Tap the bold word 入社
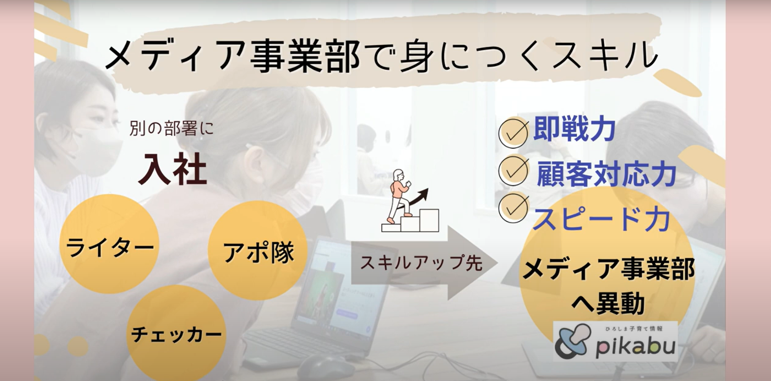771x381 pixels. tap(173, 169)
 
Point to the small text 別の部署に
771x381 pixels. tap(172, 129)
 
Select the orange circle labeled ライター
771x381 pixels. tap(109, 244)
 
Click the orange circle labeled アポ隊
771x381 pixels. tap(258, 250)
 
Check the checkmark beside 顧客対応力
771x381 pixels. tap(514, 171)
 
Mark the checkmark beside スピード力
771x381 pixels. tap(514, 207)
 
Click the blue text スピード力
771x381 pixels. tap(602, 219)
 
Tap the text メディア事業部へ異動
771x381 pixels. tap(608, 286)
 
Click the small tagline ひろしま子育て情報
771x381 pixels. tap(634, 328)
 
